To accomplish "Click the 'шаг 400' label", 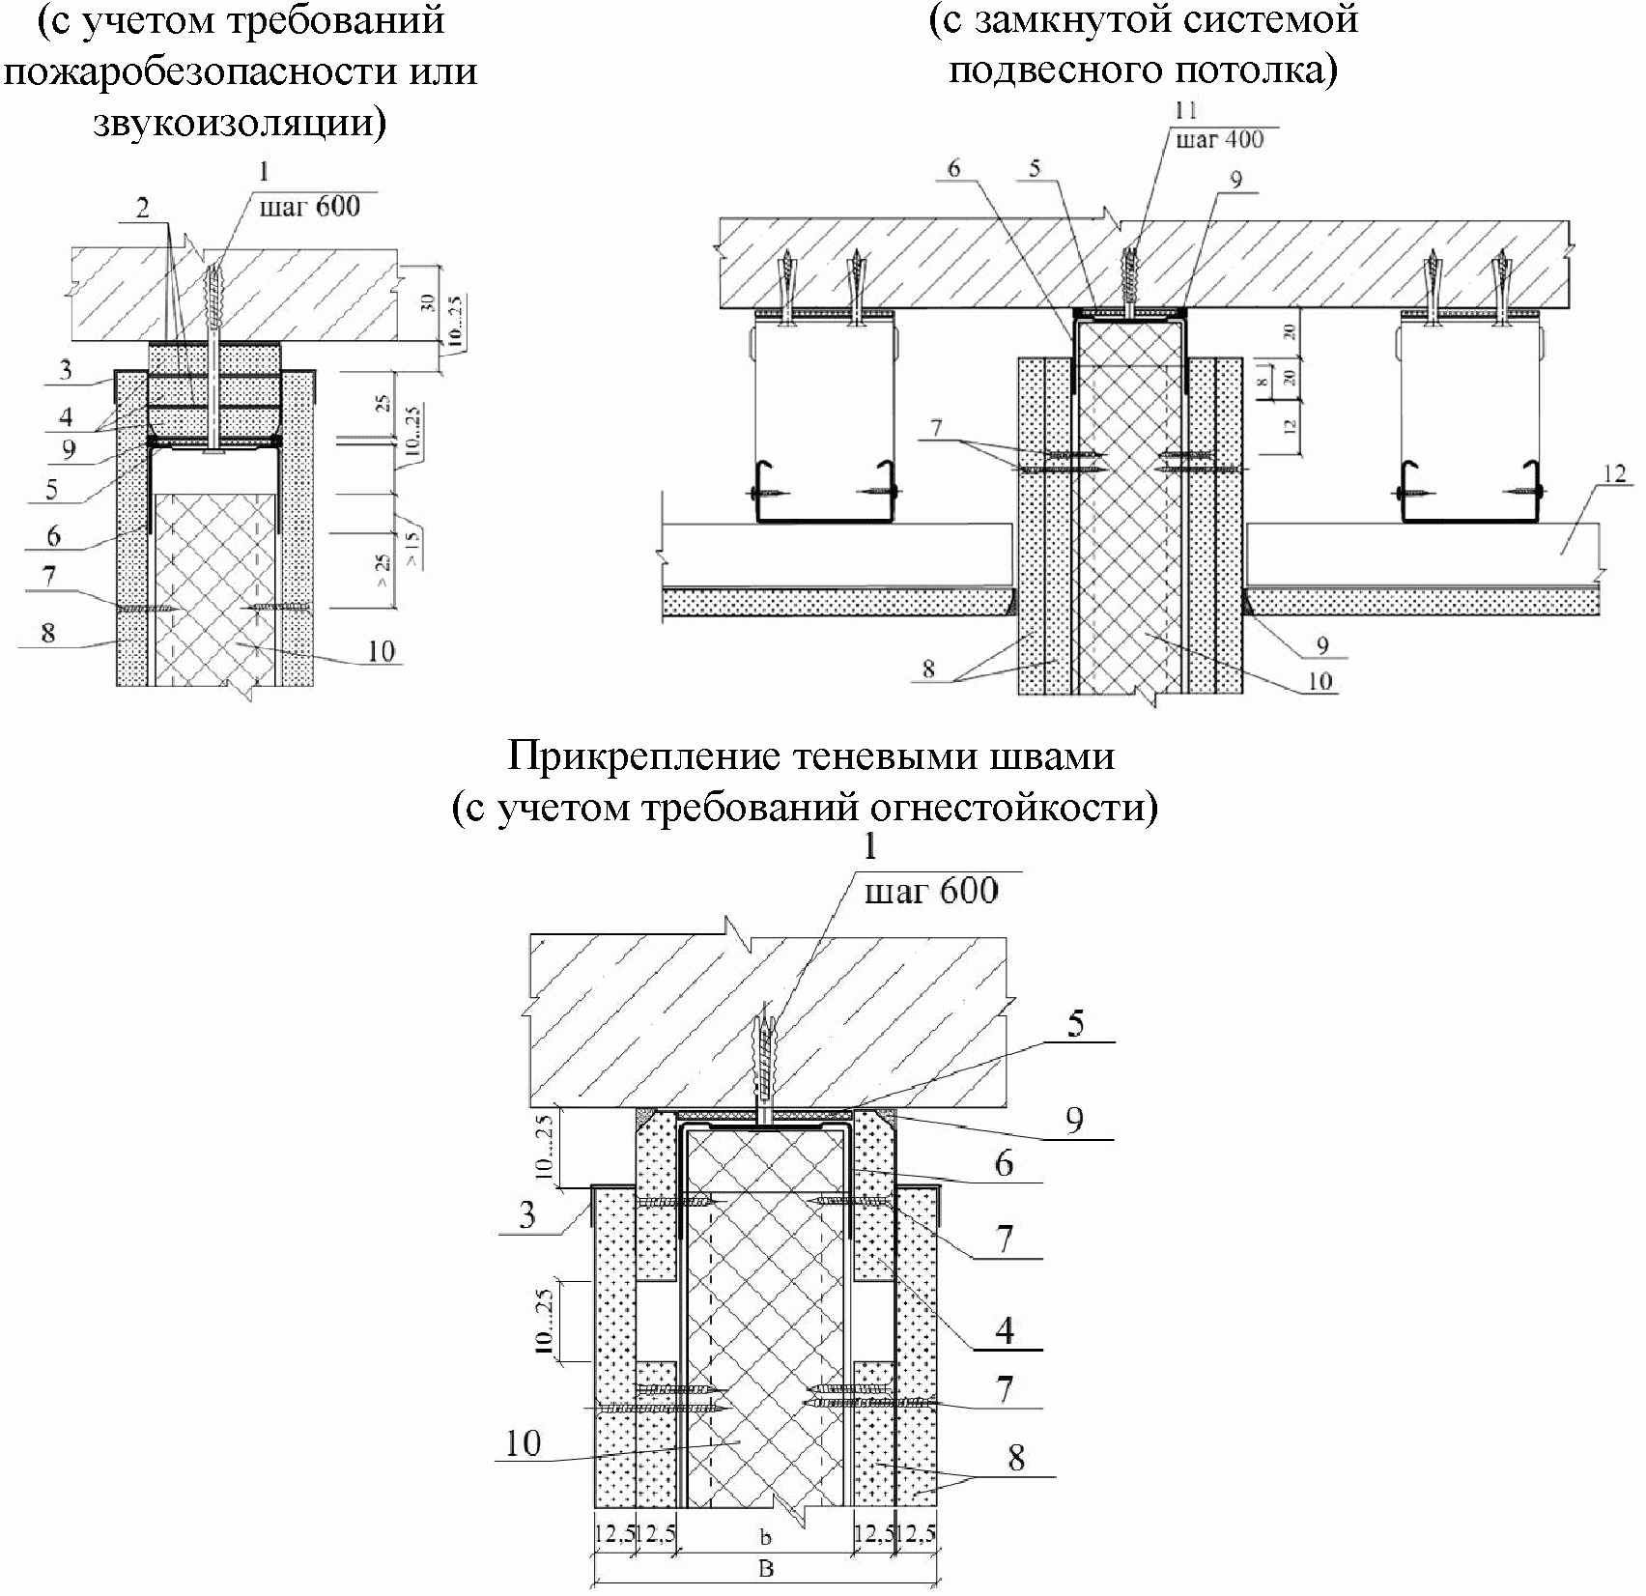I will click(1219, 139).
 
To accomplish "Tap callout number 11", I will click(1185, 110).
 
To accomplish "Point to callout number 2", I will click(143, 208).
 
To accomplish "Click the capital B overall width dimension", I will click(765, 1569).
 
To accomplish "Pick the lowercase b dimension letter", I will click(766, 1534).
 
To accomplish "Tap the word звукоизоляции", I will click(239, 123).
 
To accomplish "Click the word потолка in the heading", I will click(1255, 70).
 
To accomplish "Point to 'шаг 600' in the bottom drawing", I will click(931, 891).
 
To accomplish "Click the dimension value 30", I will click(428, 301).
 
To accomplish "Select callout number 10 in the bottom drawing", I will click(524, 1443).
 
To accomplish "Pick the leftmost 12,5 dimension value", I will click(613, 1534).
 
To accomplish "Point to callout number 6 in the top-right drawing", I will click(953, 169).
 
